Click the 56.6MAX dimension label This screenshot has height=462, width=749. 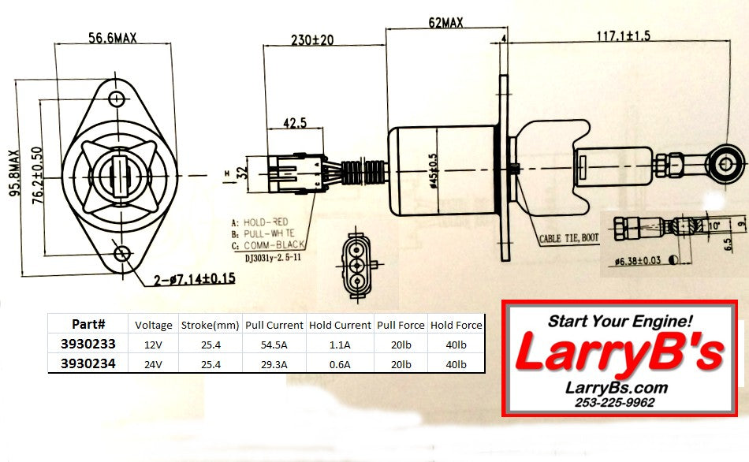point(112,38)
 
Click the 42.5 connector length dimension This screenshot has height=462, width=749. point(295,124)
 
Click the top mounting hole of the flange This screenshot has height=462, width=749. point(117,99)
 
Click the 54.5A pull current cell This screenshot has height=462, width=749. point(274,344)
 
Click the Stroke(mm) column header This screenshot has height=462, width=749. point(209,324)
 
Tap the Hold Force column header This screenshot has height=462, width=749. point(456,324)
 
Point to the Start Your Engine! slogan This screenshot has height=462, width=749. point(620,321)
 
